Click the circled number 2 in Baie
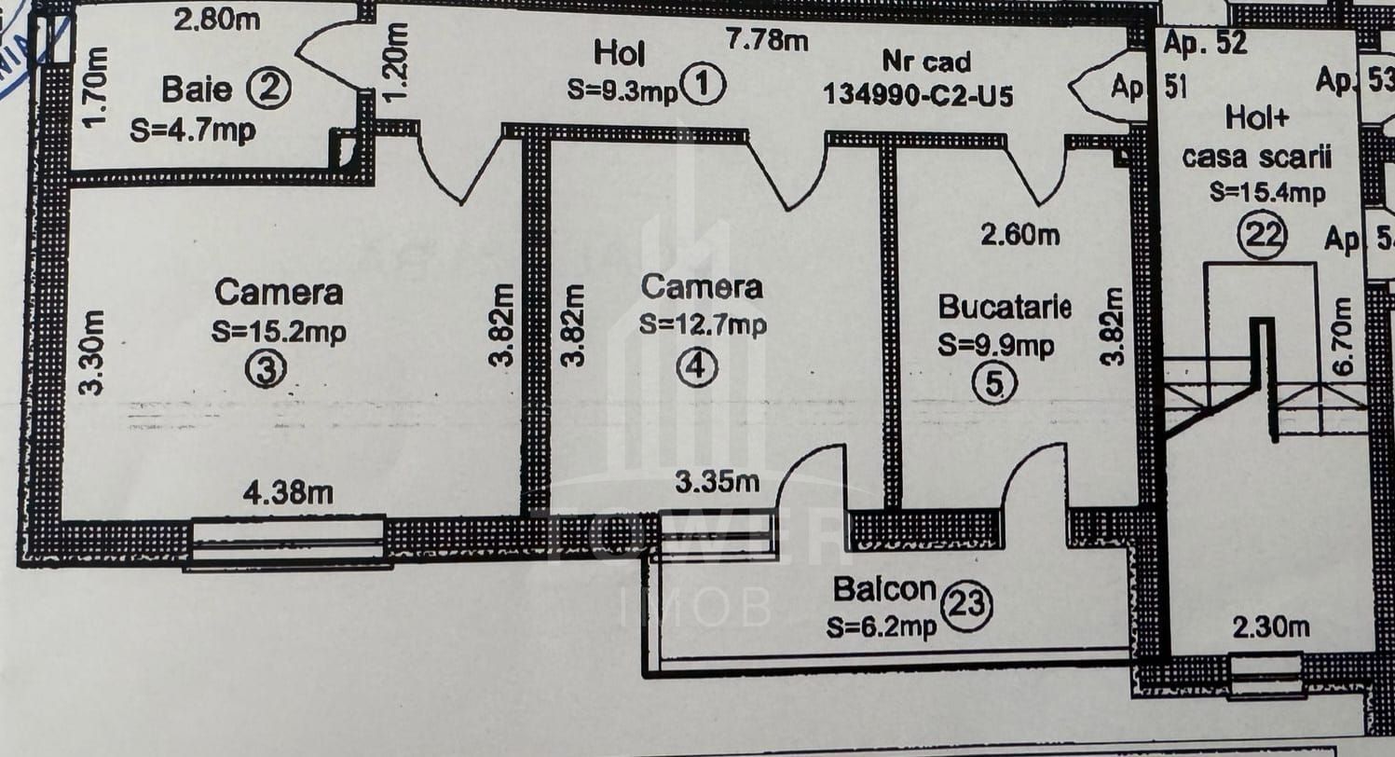pos(269,90)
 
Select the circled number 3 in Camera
pos(264,370)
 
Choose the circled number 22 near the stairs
pos(1263,234)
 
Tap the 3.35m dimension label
pos(717,482)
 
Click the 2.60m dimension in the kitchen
pos(1019,235)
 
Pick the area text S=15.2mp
pos(279,332)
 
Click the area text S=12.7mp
pos(703,324)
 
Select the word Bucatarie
pos(1005,307)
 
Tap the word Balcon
pos(884,590)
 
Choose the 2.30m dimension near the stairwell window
pos(1270,628)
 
